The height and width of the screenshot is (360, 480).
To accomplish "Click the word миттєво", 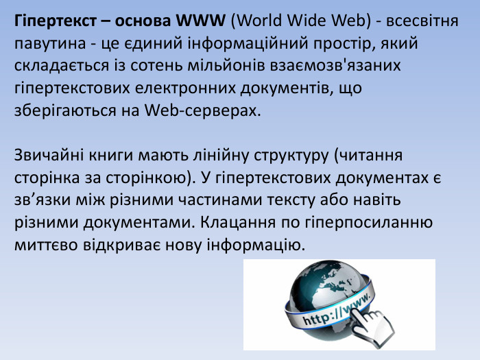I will tap(43, 245).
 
